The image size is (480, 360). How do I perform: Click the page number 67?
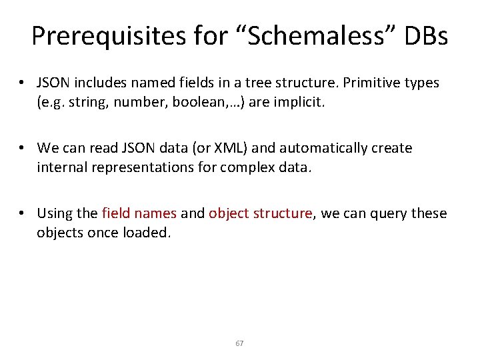240,343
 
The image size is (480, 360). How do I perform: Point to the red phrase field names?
139,213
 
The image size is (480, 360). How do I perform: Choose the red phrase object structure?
260,213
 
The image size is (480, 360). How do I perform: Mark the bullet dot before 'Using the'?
23,213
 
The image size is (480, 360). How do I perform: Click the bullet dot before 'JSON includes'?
23,83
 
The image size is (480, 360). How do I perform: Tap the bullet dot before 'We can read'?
23,148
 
